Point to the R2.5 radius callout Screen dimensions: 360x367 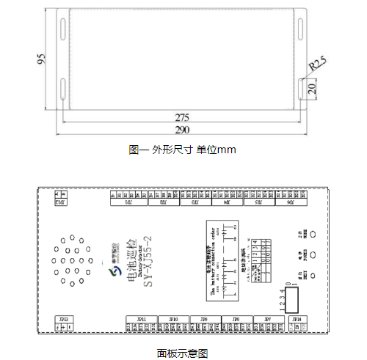click(x=318, y=65)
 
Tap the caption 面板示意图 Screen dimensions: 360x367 click(x=182, y=353)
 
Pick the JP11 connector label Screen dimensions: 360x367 click(x=141, y=319)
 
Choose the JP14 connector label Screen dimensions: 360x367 click(x=295, y=319)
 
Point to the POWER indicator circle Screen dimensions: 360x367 click(x=313, y=255)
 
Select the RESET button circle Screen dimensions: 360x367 click(x=313, y=276)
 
